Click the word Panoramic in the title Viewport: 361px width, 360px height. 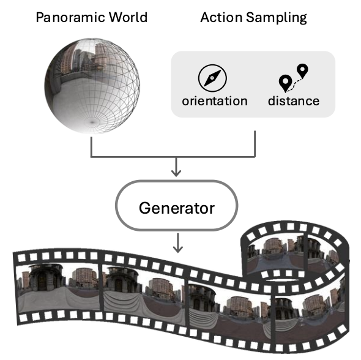tap(70, 17)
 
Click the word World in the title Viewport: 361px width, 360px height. tap(128, 17)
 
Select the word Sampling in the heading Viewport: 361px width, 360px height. tap(277, 18)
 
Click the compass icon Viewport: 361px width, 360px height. tap(212, 78)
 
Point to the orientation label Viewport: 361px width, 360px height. tap(215, 101)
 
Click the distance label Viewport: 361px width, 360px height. tap(294, 101)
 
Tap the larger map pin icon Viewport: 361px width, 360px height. tap(285, 83)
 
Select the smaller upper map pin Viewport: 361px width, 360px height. tap(302, 70)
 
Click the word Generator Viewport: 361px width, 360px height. tap(177, 208)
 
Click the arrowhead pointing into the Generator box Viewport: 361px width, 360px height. tap(176, 173)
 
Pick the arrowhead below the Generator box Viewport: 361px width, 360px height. tap(177, 249)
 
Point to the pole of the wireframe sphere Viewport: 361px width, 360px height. tap(92, 122)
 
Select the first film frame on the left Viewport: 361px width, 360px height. tap(59, 287)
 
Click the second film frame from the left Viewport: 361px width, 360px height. tap(144, 296)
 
